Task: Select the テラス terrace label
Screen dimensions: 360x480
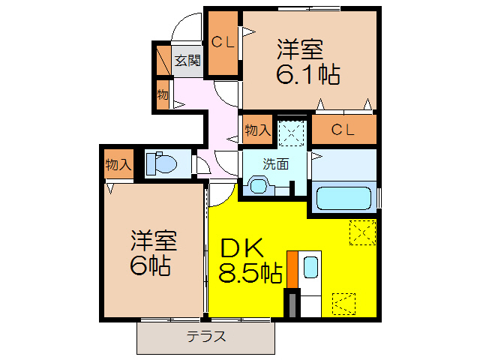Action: [205, 337]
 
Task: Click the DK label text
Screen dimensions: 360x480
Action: [238, 247]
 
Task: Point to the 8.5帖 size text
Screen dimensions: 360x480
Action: [250, 274]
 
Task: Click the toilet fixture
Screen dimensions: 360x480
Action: [160, 163]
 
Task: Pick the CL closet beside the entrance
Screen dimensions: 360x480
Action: [222, 43]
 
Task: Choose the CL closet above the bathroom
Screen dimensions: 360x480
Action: [343, 129]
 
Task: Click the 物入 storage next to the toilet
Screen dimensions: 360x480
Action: [118, 164]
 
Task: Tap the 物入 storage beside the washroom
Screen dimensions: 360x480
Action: [257, 130]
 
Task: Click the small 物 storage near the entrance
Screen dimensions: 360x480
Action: [162, 94]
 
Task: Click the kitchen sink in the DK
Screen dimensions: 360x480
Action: [310, 268]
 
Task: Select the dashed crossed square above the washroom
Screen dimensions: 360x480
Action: [289, 133]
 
